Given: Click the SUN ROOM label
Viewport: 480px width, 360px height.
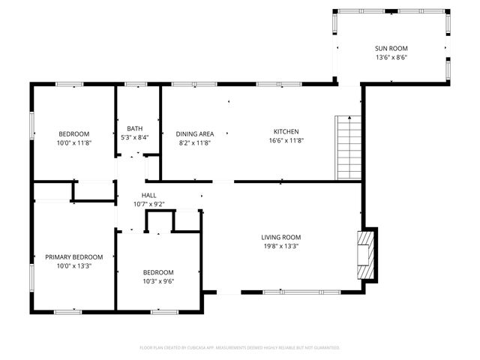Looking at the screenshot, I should (x=391, y=48).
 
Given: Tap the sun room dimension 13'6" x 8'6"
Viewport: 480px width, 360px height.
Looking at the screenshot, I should (x=391, y=57).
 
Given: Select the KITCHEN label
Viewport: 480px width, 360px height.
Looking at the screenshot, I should (x=286, y=131).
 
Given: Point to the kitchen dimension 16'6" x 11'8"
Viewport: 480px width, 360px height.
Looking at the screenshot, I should (x=286, y=140).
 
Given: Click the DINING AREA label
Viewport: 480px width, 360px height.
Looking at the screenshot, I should (x=194, y=133).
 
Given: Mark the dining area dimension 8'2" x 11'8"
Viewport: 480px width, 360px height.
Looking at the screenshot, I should (x=194, y=142).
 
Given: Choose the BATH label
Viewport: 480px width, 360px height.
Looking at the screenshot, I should (x=134, y=128).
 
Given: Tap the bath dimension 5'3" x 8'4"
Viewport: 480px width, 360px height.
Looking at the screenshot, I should (x=134, y=137).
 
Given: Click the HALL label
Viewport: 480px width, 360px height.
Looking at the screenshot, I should (x=148, y=195).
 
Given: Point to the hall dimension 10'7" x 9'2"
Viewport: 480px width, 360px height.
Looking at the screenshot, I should (x=148, y=203).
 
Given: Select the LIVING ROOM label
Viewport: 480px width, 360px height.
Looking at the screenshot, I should (x=280, y=237).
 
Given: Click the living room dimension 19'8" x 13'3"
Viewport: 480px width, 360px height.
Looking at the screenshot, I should (x=280, y=246).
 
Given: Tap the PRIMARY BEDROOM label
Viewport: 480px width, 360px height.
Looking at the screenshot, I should (x=73, y=256).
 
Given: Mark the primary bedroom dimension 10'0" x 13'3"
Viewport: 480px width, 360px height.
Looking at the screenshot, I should (x=73, y=265).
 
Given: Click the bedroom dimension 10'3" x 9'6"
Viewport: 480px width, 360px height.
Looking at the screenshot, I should (x=158, y=281).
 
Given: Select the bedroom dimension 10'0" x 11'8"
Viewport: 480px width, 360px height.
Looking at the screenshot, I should (x=73, y=142).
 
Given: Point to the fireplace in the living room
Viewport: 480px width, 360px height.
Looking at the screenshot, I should (x=365, y=253).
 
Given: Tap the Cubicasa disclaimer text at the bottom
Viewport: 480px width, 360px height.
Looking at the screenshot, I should (x=240, y=347).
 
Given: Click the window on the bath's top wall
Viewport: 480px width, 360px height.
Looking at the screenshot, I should (x=136, y=84).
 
